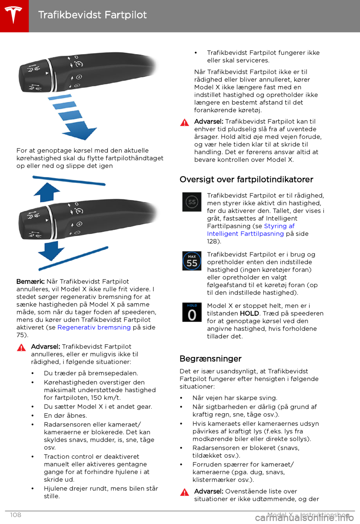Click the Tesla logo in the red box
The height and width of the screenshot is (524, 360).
[x=14, y=15]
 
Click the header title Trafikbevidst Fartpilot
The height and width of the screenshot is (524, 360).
[x=92, y=15]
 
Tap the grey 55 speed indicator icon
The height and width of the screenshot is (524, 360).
[x=192, y=202]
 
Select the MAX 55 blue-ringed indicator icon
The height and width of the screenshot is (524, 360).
[x=192, y=261]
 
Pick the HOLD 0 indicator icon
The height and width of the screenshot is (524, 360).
[x=192, y=312]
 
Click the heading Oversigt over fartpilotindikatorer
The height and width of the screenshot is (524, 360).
[x=246, y=179]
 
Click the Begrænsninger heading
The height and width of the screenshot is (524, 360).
[x=210, y=358]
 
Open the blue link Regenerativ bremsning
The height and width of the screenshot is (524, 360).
[x=94, y=327]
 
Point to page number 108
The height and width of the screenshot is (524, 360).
[x=16, y=515]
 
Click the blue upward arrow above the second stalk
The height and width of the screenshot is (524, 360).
[x=47, y=192]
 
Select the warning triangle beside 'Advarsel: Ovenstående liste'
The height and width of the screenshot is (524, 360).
[x=184, y=492]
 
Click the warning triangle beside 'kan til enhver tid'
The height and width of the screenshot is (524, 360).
[x=184, y=122]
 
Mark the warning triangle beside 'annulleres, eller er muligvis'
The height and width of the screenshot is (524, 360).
[x=21, y=348]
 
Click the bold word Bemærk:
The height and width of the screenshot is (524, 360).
[x=30, y=282]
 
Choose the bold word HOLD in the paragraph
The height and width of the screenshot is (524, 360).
[x=249, y=313]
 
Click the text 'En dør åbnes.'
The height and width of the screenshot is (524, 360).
[x=65, y=416]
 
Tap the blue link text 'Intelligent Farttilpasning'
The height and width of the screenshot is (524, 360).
[x=245, y=233]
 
